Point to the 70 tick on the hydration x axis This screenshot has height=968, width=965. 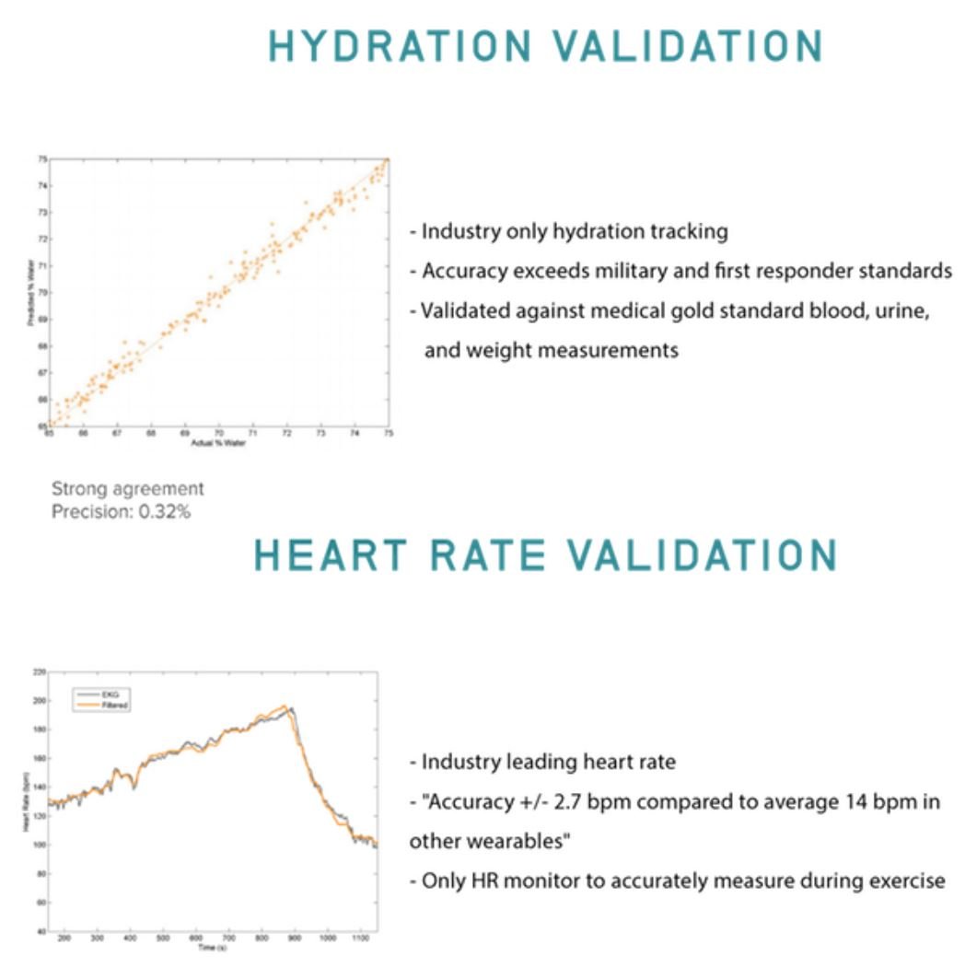[x=218, y=432]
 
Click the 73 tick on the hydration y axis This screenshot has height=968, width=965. [x=41, y=212]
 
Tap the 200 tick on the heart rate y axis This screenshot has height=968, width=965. [x=39, y=701]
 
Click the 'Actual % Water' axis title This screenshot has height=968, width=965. [x=218, y=442]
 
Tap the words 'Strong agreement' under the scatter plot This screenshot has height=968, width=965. [x=128, y=489]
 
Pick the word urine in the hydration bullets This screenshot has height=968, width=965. [x=904, y=310]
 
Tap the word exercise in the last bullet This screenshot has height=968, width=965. [x=909, y=881]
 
